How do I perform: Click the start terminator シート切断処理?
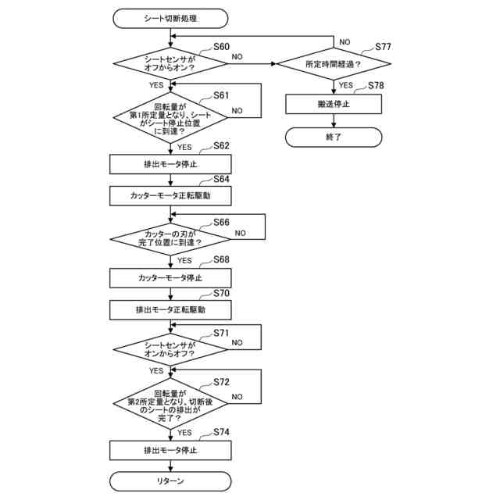point(170,16)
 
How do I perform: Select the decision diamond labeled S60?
point(170,62)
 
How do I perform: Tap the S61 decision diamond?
point(170,116)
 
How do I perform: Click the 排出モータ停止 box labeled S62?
point(170,164)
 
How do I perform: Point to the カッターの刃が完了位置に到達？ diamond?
point(170,237)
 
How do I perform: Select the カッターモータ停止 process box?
point(170,278)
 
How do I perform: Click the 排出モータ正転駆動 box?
point(170,309)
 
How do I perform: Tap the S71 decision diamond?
point(170,348)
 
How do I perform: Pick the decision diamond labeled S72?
point(170,403)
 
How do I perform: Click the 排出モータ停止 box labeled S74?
point(170,451)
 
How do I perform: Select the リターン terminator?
point(170,481)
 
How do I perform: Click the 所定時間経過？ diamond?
point(334,63)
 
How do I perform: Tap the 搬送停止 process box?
point(334,103)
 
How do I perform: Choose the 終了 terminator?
point(334,137)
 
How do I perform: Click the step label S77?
point(382,47)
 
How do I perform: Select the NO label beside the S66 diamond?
point(241,233)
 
